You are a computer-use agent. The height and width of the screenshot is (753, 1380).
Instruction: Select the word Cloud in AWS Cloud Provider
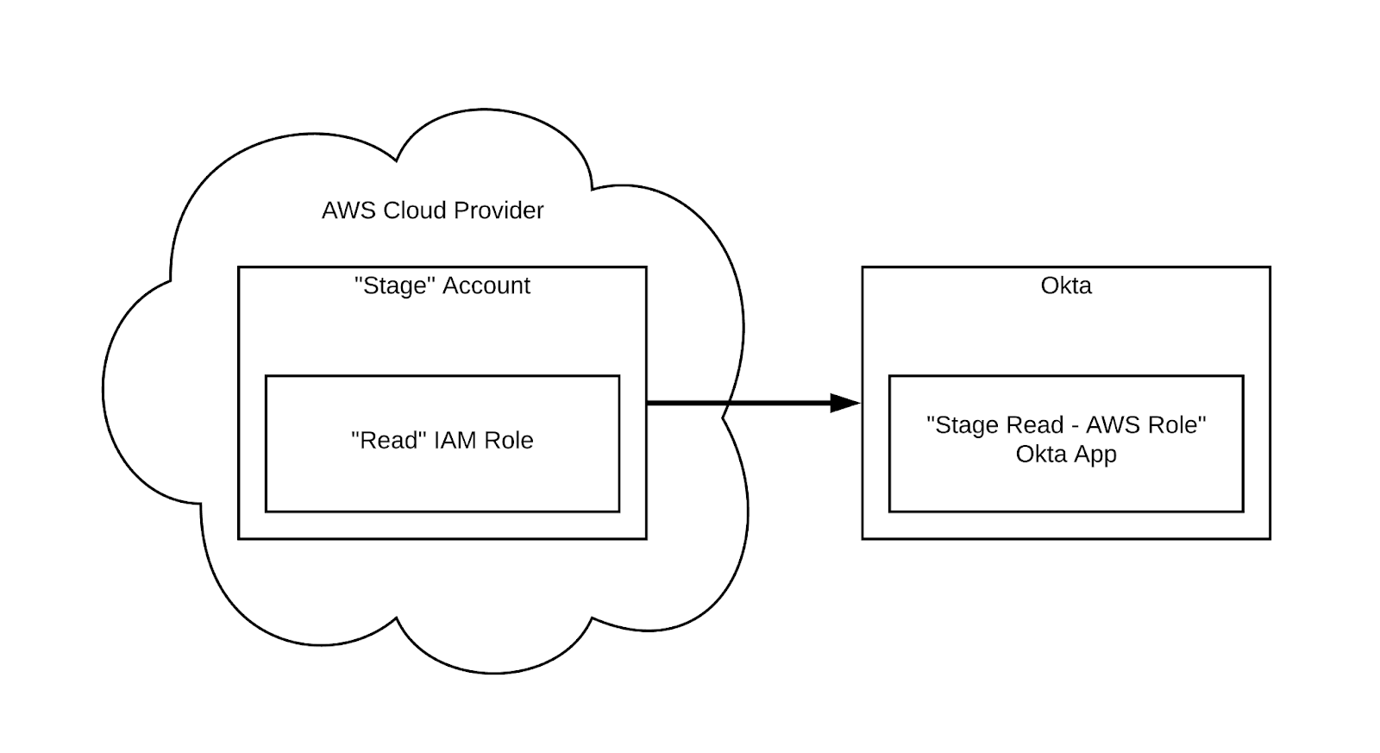coord(416,210)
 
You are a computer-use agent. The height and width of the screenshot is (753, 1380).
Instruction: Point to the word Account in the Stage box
coord(486,286)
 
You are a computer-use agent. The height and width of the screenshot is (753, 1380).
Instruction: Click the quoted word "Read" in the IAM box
coord(389,440)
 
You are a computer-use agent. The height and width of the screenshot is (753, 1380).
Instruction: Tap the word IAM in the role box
coord(455,440)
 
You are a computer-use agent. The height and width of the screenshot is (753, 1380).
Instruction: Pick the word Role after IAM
coord(509,440)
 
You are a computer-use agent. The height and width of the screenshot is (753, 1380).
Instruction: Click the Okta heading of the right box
coord(1066,286)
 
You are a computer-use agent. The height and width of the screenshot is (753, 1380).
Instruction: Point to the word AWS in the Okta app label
coord(1113,424)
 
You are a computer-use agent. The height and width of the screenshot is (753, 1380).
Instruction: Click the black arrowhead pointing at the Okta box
coord(844,403)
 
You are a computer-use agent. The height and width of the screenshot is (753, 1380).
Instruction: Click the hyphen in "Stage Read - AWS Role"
coord(1075,425)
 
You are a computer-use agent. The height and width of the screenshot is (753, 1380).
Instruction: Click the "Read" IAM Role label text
coord(442,440)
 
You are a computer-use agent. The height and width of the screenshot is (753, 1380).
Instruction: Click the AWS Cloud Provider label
coord(432,210)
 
